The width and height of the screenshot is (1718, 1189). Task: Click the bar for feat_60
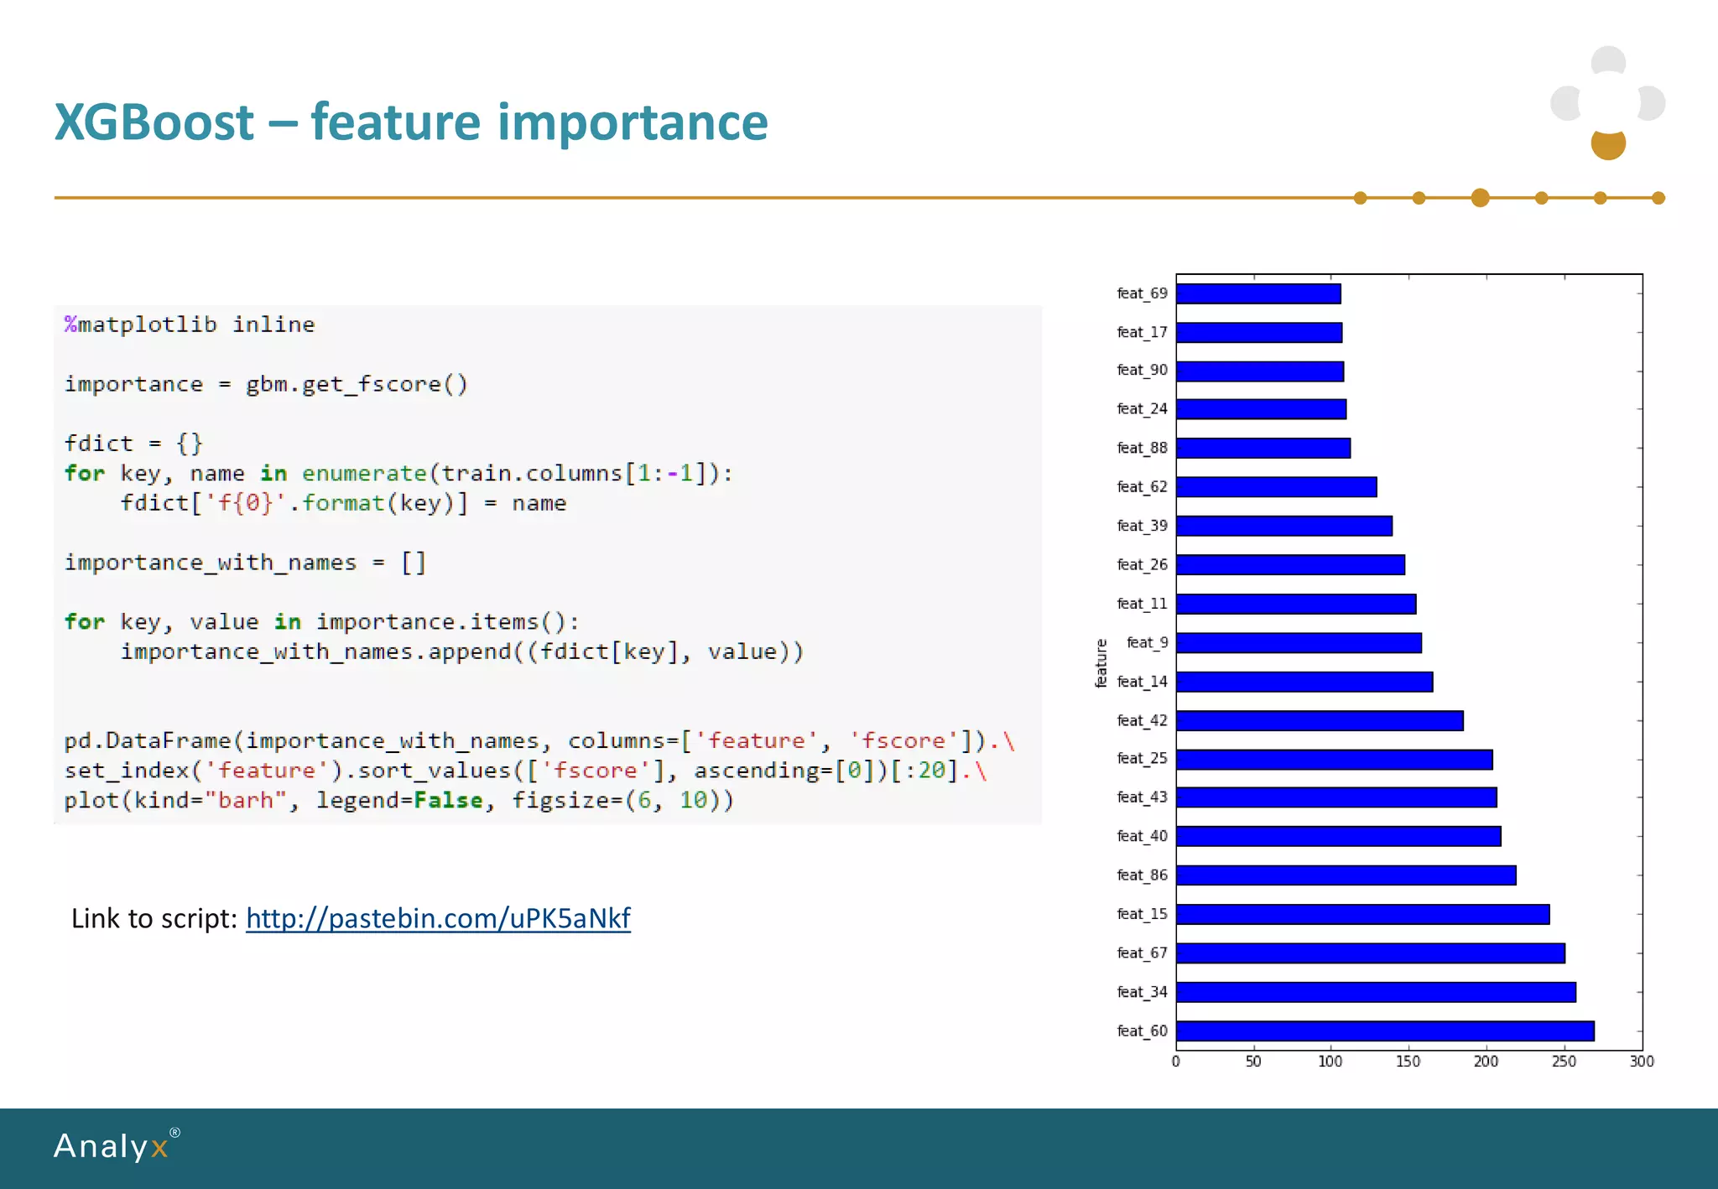coord(1384,1031)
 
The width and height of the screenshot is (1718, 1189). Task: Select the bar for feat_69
coord(1258,293)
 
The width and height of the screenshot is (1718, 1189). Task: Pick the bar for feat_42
coord(1320,720)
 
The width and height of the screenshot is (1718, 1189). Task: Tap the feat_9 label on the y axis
coord(1147,642)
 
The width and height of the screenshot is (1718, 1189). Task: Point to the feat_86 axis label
coord(1142,875)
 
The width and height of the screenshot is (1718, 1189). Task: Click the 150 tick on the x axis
coord(1408,1062)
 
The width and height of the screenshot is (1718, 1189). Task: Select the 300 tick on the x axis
coord(1642,1062)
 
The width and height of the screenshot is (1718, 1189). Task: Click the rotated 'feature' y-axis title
coord(1101,663)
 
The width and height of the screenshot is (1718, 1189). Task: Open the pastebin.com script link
coord(438,918)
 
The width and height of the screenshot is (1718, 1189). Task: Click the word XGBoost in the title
coord(154,122)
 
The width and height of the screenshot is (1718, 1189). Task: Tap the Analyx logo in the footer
coord(112,1146)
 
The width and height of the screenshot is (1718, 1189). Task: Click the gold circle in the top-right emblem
coord(1608,144)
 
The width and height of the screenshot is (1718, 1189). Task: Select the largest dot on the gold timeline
coord(1480,198)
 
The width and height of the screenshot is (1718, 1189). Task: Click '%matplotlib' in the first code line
coord(141,325)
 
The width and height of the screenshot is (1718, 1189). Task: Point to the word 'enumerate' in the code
coord(364,473)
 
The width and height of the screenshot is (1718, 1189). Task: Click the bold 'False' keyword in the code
coord(448,800)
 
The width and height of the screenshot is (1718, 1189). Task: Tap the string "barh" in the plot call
coord(246,800)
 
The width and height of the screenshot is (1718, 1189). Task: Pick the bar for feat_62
coord(1276,487)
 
